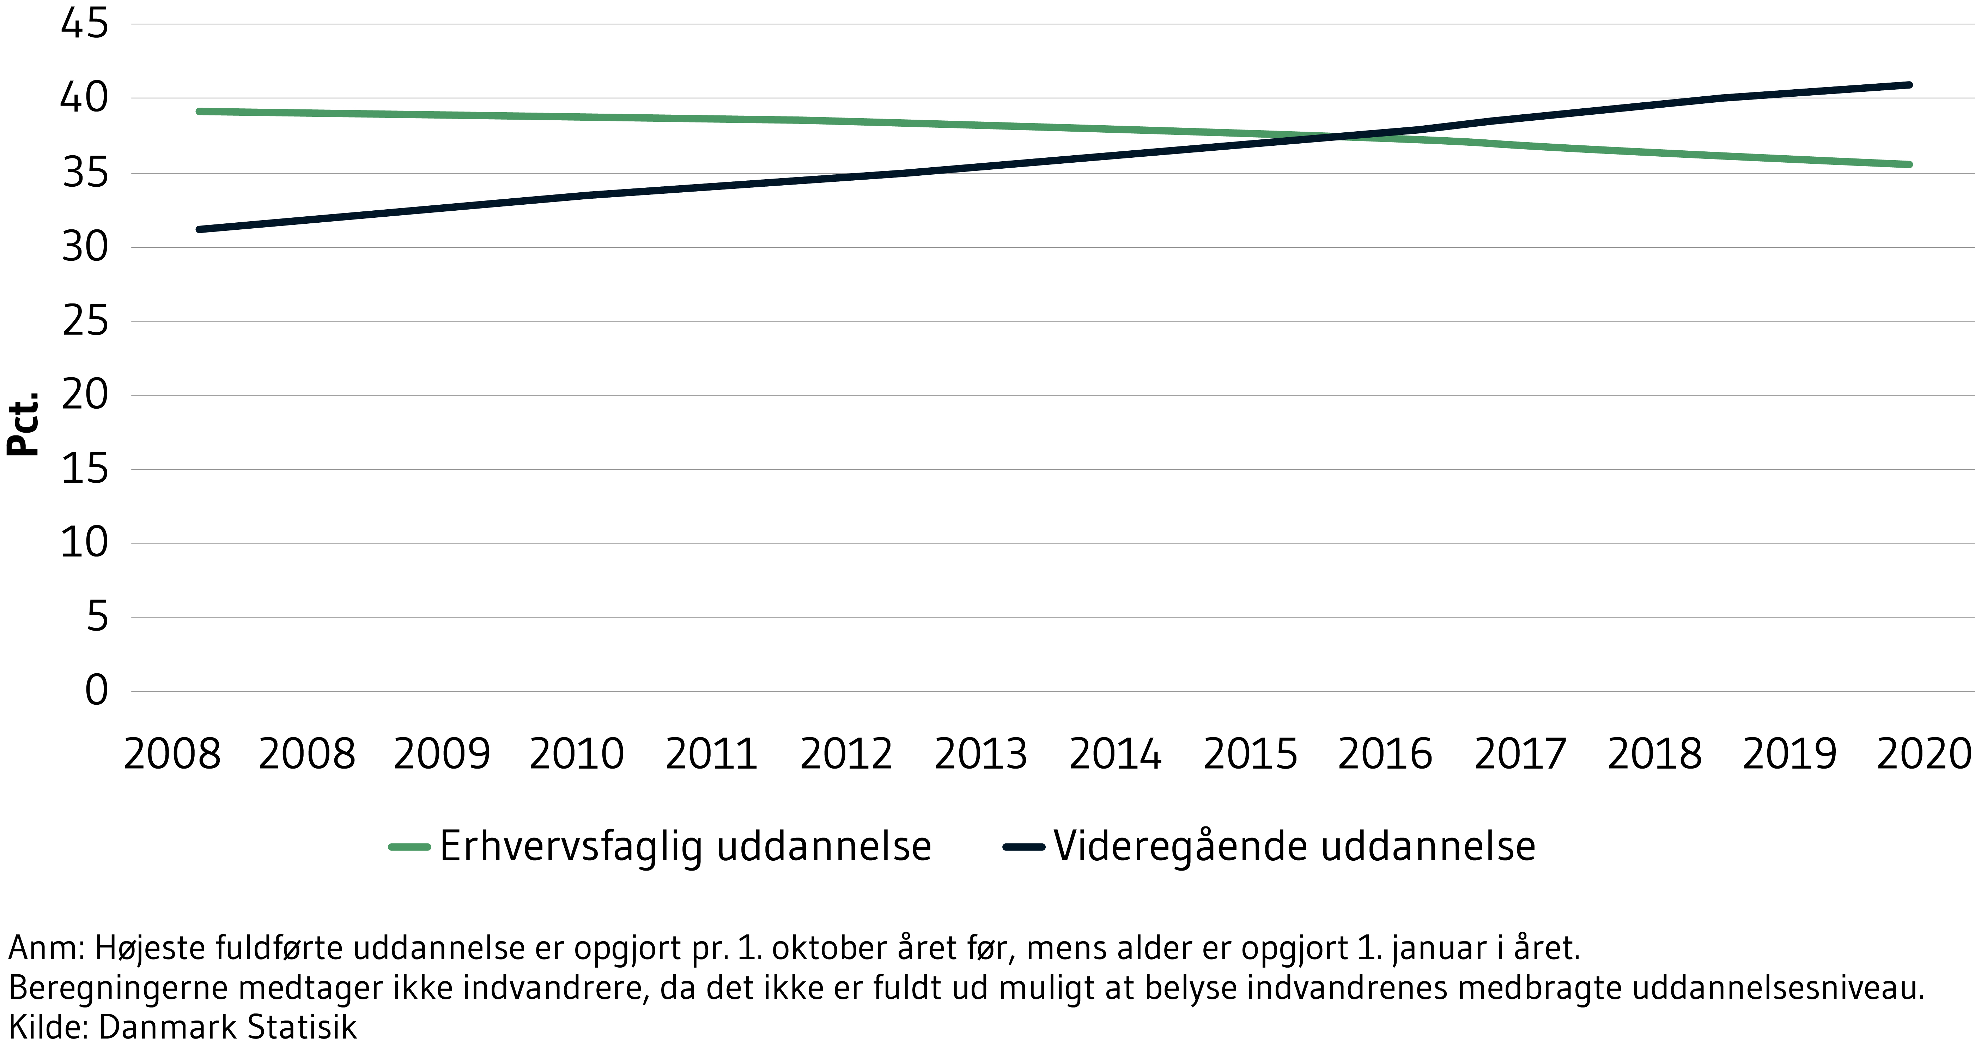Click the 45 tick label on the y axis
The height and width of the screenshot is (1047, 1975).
(84, 24)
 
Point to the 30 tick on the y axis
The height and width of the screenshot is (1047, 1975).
(84, 247)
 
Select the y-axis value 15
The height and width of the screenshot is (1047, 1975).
(84, 469)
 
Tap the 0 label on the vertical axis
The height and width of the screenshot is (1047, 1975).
(97, 690)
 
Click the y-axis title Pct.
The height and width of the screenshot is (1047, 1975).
(23, 424)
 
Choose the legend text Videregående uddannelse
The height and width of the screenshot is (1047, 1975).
(1294, 847)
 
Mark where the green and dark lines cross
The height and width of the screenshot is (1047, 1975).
(1338, 137)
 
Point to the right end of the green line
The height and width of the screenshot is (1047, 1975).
(1909, 164)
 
